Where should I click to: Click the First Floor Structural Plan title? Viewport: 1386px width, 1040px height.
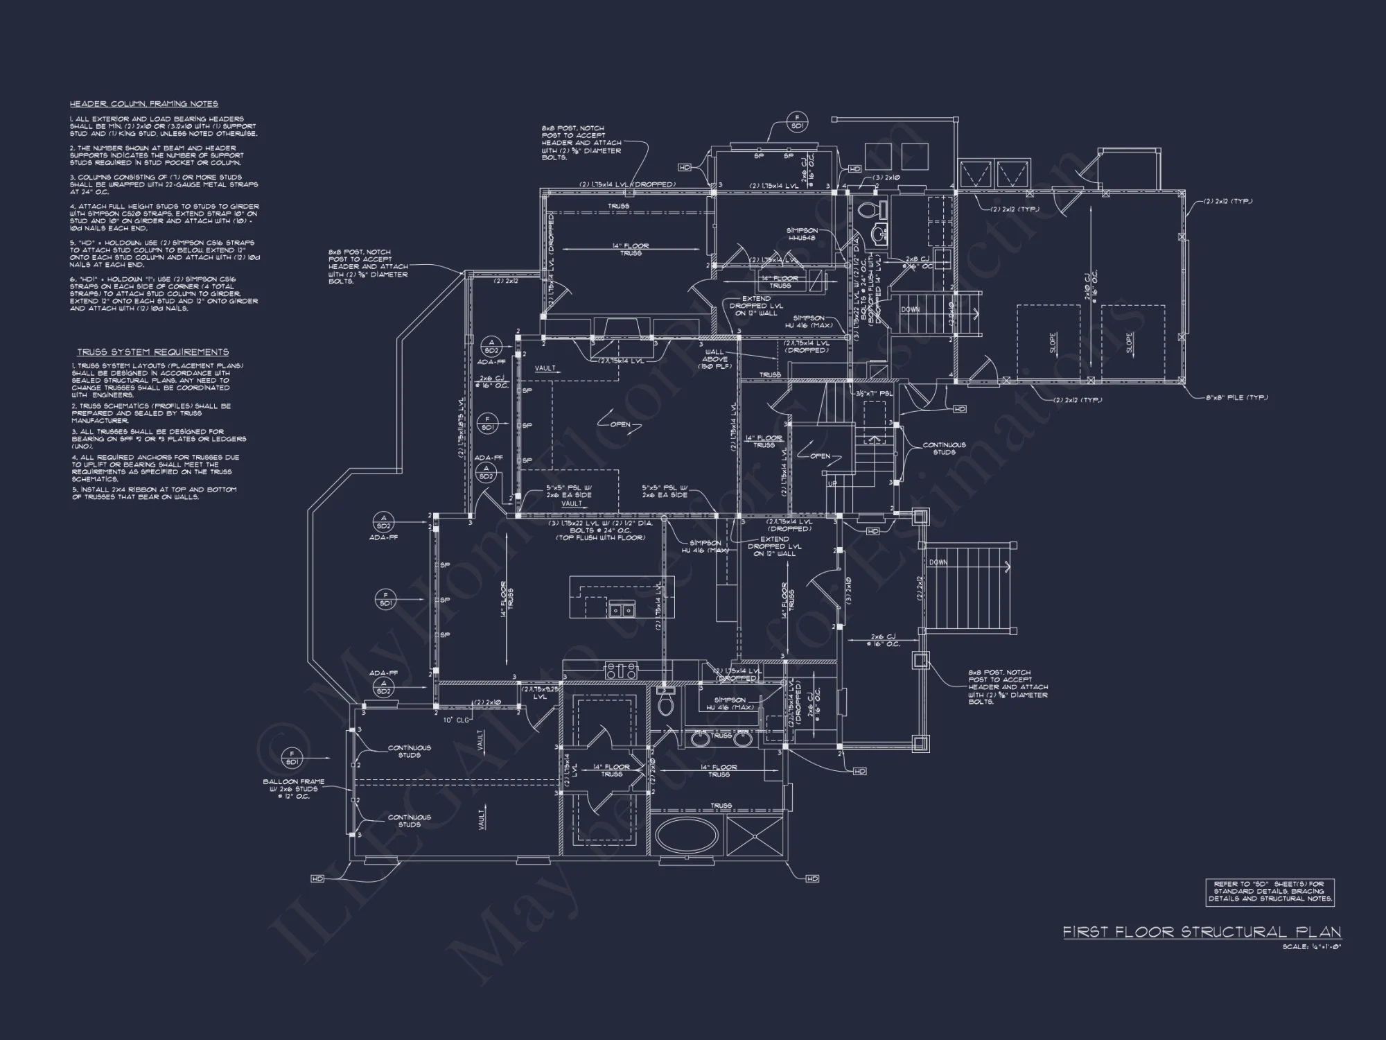click(1202, 933)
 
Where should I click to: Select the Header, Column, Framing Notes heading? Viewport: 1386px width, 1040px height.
click(143, 104)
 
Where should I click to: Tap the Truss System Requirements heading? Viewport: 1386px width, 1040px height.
click(152, 352)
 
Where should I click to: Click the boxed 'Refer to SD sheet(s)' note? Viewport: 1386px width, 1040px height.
click(1270, 891)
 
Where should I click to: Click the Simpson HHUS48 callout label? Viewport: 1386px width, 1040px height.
click(802, 234)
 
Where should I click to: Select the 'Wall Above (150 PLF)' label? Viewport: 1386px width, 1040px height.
click(714, 359)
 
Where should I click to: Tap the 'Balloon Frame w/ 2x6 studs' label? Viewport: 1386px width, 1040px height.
click(293, 789)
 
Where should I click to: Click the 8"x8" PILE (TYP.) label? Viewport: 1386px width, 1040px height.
click(1236, 398)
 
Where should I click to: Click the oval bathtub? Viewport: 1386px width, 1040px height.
click(687, 836)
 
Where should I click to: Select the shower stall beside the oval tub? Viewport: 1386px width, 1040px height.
click(755, 836)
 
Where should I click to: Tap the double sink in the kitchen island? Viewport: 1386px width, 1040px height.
click(621, 610)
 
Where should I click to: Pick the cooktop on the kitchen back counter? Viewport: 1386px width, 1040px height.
click(621, 670)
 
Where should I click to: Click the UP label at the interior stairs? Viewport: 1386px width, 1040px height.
click(832, 484)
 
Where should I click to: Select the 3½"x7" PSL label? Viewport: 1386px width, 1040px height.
click(875, 393)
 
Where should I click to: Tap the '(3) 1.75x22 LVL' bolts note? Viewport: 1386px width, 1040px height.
click(600, 530)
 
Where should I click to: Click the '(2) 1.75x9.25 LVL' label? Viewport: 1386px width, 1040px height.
click(539, 693)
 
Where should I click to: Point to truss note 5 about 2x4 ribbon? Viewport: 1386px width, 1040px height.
click(154, 493)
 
